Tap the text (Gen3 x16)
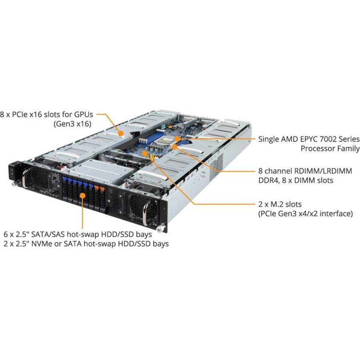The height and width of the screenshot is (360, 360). tap(72, 124)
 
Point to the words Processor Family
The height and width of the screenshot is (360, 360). tap(330, 148)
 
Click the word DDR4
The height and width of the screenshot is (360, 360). tap(268, 180)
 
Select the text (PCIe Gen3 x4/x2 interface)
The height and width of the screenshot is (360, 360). tap(305, 214)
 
